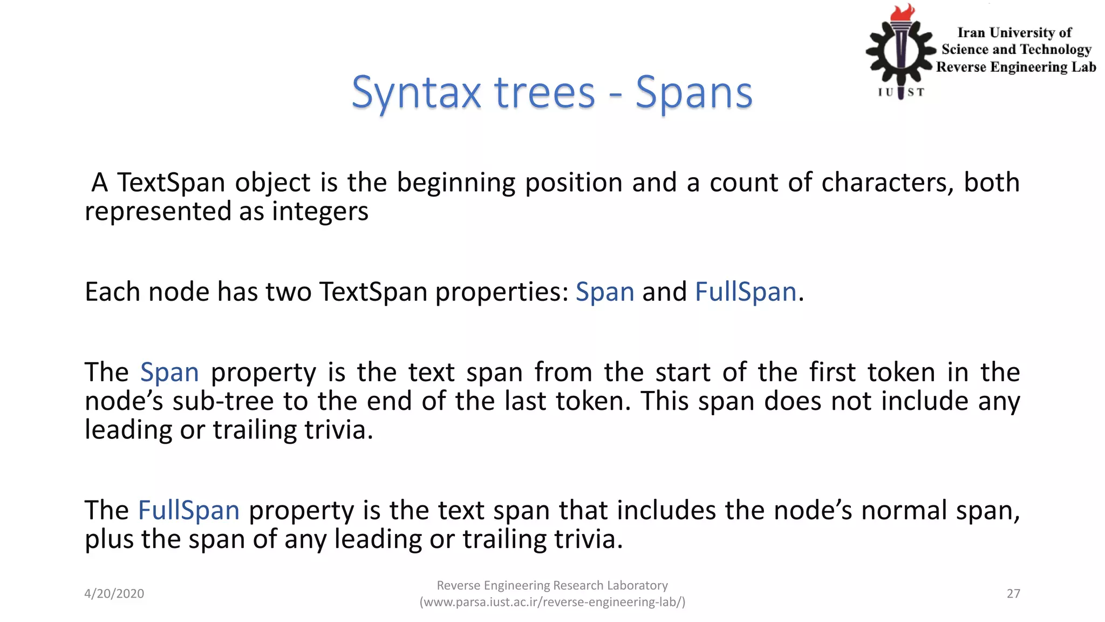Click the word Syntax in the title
[x=415, y=93]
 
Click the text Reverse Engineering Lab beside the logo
[x=1015, y=67]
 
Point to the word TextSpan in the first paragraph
[x=172, y=182]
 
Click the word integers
[x=320, y=212]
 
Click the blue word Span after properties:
[x=604, y=292]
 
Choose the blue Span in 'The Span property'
[x=169, y=373]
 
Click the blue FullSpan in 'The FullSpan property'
[x=188, y=510]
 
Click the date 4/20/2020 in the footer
[x=114, y=593]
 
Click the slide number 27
[x=1013, y=593]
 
